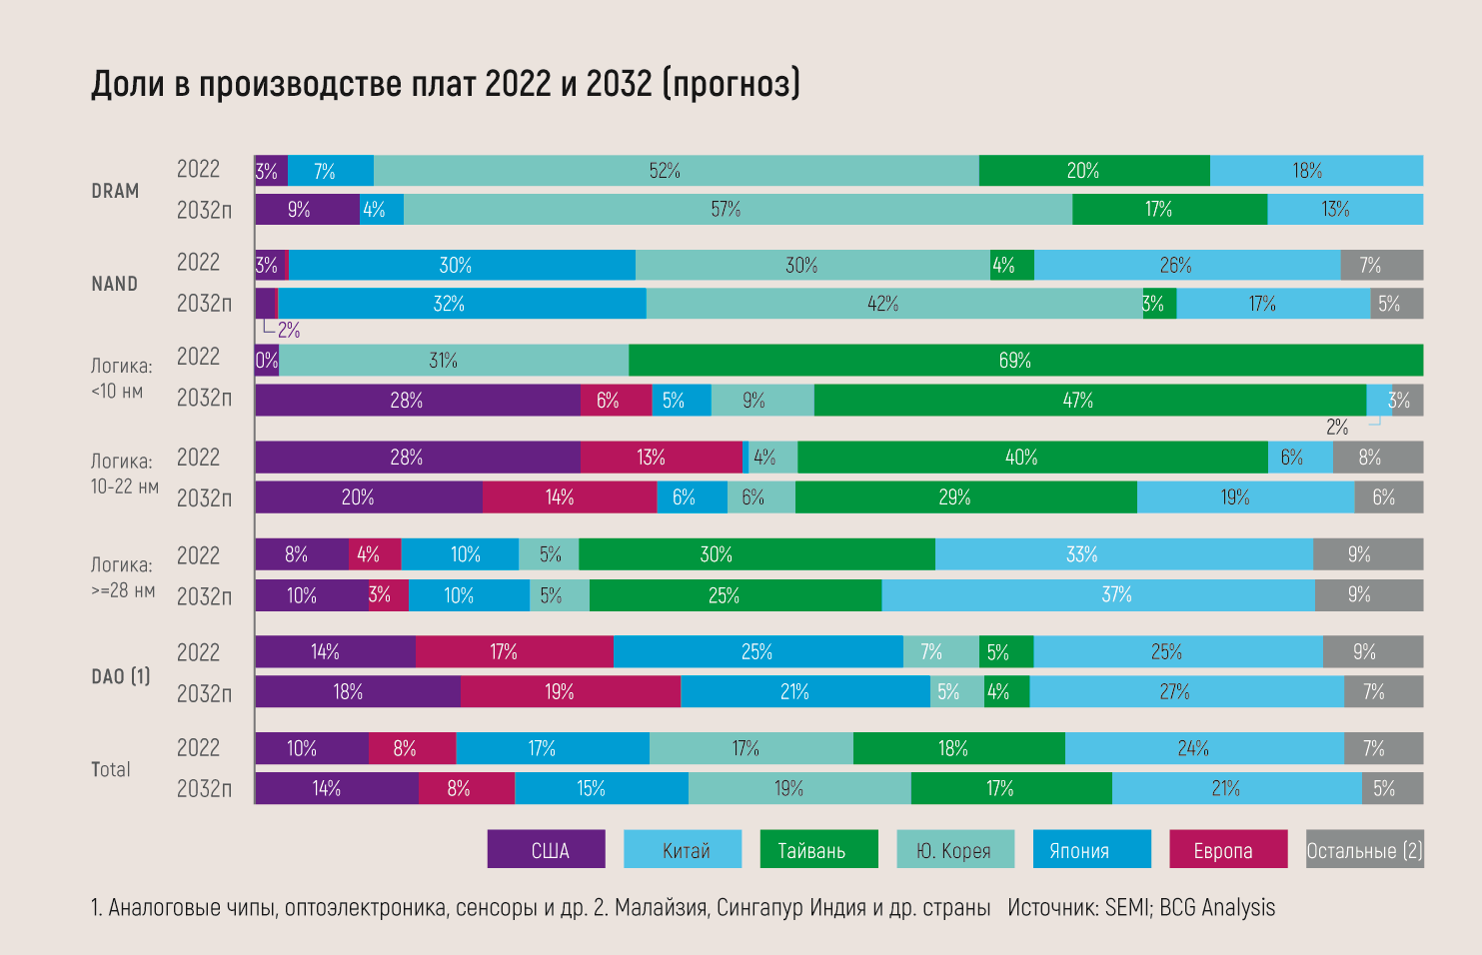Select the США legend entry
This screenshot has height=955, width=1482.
[x=547, y=850]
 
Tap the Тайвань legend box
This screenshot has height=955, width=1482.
[x=818, y=850]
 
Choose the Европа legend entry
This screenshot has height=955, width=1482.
[x=1228, y=850]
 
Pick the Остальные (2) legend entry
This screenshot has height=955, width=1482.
[x=1364, y=850]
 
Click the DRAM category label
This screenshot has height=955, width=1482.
[x=115, y=191]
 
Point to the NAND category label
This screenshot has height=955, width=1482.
[x=115, y=284]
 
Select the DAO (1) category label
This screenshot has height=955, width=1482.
[x=121, y=676]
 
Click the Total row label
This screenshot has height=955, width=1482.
[x=111, y=769]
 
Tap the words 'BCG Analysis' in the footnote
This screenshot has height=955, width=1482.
[x=1217, y=907]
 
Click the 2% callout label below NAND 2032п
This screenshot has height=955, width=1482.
[x=289, y=330]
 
